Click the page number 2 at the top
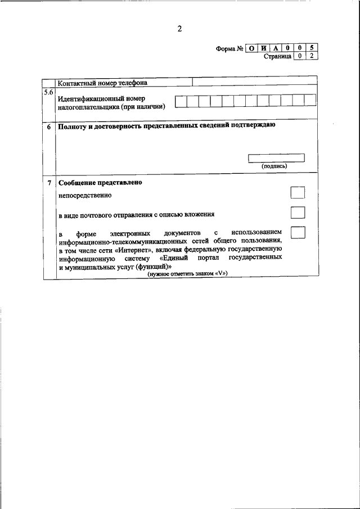[x=179, y=29]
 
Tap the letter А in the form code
[x=276, y=48]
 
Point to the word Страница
[x=277, y=57]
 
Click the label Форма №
[x=229, y=49]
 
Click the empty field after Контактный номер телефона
[x=254, y=82]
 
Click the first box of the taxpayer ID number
[x=181, y=101]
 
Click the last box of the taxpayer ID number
[x=310, y=101]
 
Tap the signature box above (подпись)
[x=276, y=158]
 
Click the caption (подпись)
[x=274, y=166]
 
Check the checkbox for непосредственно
[x=298, y=193]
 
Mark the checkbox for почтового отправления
[x=298, y=213]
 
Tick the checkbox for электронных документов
[x=298, y=232]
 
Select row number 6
[x=49, y=127]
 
